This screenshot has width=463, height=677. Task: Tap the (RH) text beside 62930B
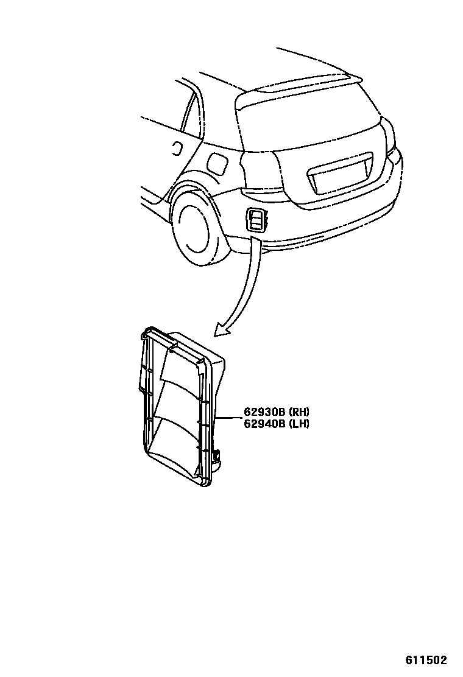click(x=299, y=412)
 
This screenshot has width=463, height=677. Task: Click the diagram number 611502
click(x=426, y=661)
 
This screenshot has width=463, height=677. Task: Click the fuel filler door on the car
click(x=217, y=163)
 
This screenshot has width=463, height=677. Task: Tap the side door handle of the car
click(x=177, y=147)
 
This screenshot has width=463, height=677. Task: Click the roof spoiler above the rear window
click(x=299, y=82)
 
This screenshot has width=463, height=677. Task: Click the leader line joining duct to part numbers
click(x=230, y=418)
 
